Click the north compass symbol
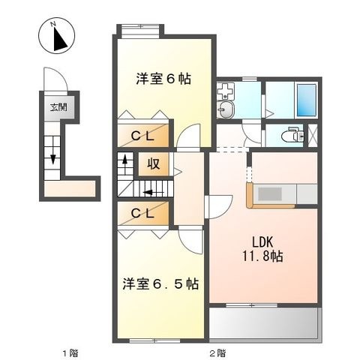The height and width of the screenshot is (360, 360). pyautogui.click(x=56, y=35)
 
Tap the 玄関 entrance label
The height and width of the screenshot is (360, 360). pyautogui.click(x=59, y=108)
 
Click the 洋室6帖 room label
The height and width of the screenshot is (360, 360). pyautogui.click(x=163, y=79)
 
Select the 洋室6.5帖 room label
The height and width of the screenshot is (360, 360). pyautogui.click(x=160, y=283)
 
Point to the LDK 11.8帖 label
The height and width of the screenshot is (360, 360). pyautogui.click(x=262, y=249)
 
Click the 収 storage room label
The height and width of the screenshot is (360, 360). pyautogui.click(x=153, y=164)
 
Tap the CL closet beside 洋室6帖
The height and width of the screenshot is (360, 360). pyautogui.click(x=142, y=136)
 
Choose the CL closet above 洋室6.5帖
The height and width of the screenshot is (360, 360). pyautogui.click(x=142, y=214)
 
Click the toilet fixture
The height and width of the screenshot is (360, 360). pyautogui.click(x=292, y=136)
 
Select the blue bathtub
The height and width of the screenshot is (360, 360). pyautogui.click(x=307, y=100)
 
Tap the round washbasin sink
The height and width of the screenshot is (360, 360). pyautogui.click(x=226, y=109)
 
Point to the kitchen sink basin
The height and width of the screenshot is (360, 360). pyautogui.click(x=270, y=194)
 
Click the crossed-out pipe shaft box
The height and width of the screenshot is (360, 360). pyautogui.click(x=313, y=135)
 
